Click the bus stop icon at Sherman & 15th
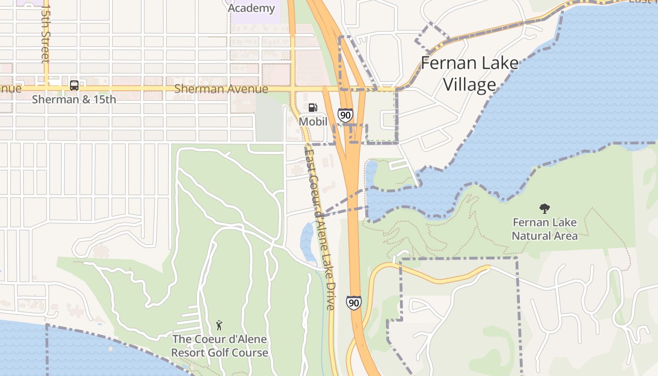(74, 86)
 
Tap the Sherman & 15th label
(74, 100)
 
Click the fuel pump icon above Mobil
(313, 108)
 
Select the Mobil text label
(313, 121)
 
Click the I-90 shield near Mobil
(345, 115)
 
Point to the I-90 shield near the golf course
(354, 303)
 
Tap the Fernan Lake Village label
(470, 73)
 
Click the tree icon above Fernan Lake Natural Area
(545, 208)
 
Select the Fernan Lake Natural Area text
(545, 228)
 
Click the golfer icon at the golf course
(219, 325)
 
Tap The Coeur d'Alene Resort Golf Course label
(219, 346)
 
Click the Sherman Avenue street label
(221, 89)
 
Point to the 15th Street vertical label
(45, 34)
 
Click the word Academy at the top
(251, 8)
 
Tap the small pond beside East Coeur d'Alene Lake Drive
(308, 241)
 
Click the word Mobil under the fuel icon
(313, 121)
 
